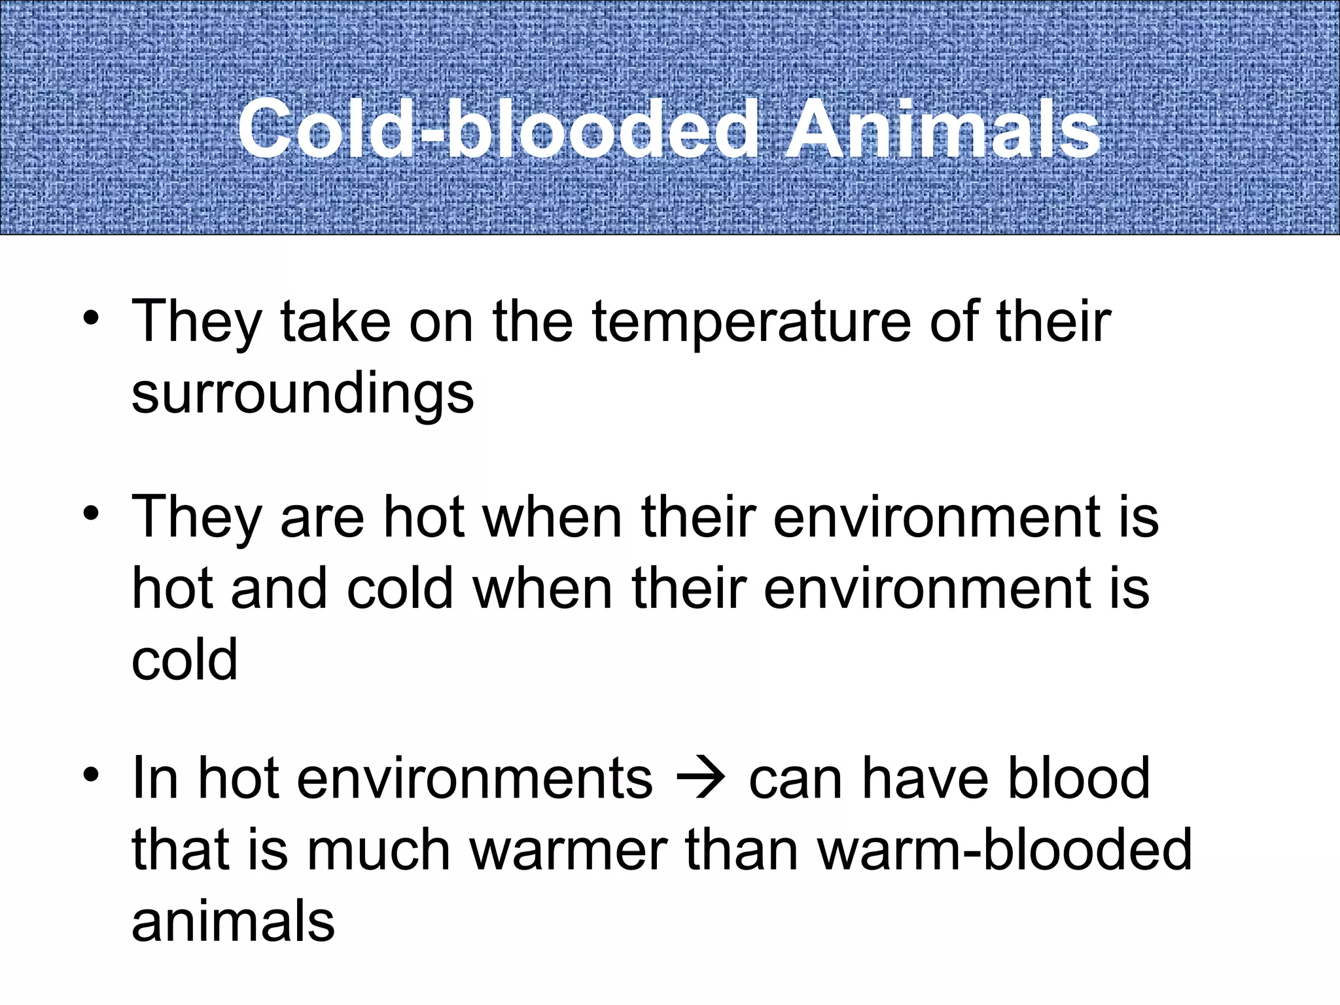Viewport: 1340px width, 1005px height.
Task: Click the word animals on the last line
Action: click(233, 921)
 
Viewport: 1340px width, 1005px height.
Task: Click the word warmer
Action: click(569, 850)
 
